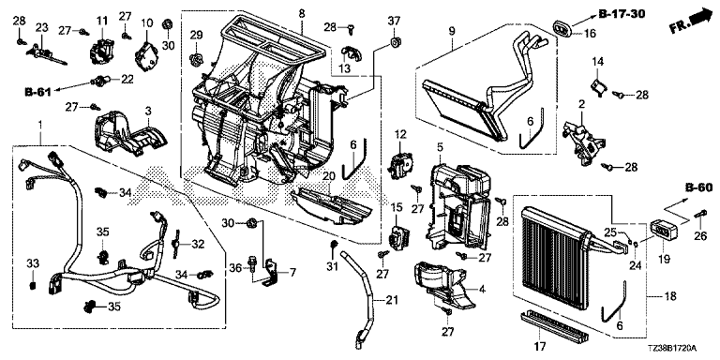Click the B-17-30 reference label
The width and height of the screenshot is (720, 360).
[x=622, y=14]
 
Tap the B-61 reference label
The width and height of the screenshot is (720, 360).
[x=37, y=92]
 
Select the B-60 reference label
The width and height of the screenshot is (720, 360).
[x=698, y=187]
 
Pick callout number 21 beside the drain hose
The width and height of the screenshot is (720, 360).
[x=392, y=301]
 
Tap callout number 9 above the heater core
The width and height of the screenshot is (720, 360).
[x=452, y=31]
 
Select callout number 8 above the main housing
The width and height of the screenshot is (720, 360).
[x=302, y=14]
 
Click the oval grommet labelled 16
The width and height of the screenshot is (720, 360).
[x=561, y=28]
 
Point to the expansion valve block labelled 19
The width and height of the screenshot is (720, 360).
[x=667, y=229]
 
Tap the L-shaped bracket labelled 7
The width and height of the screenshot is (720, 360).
[x=273, y=272]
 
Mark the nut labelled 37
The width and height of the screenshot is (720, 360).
[x=394, y=43]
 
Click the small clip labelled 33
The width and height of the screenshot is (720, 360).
[x=33, y=286]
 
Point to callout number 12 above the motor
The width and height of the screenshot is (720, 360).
[x=401, y=135]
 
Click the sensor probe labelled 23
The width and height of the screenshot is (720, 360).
[x=47, y=54]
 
